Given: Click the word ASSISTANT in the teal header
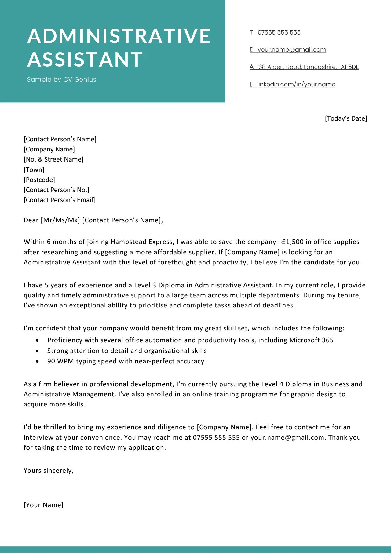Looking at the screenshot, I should coord(85,59).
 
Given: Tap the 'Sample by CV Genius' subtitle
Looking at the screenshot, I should coord(61,79).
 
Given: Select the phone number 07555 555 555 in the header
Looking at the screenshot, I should coord(279,32).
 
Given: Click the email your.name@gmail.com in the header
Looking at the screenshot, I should coord(292,49).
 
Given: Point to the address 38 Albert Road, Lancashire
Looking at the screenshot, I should coord(308,67).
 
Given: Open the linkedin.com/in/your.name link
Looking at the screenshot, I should coord(296,84).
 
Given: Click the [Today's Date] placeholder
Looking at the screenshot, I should coord(346,118).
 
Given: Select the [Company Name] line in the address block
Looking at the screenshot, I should coord(49,149).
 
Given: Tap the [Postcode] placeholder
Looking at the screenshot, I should coord(39,180).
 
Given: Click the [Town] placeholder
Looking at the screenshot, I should coord(34,170).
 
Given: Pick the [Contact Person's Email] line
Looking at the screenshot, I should coord(59,200).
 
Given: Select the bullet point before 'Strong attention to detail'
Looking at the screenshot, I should coord(37,351).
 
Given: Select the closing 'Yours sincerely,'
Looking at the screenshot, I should coord(49,471).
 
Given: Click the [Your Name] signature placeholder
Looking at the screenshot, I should coord(44,505).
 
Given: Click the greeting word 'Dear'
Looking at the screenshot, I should coord(31,220).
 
